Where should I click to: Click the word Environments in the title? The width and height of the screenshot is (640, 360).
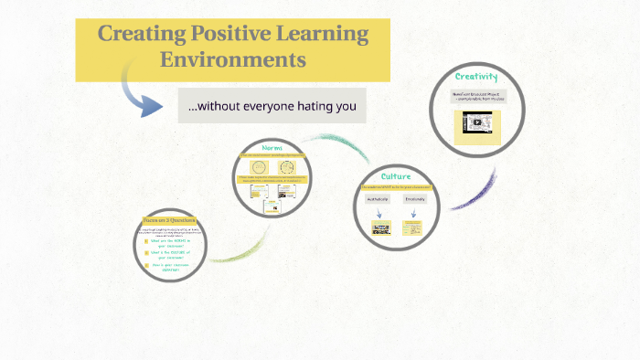point(232,60)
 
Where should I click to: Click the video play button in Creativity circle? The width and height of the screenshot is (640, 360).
point(476,122)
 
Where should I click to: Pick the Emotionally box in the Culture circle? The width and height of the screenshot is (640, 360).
point(415,199)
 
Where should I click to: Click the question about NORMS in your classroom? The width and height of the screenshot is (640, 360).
point(173,243)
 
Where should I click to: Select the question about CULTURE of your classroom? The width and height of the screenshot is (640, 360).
point(173,257)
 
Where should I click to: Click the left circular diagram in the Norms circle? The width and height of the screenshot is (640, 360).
point(259,167)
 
